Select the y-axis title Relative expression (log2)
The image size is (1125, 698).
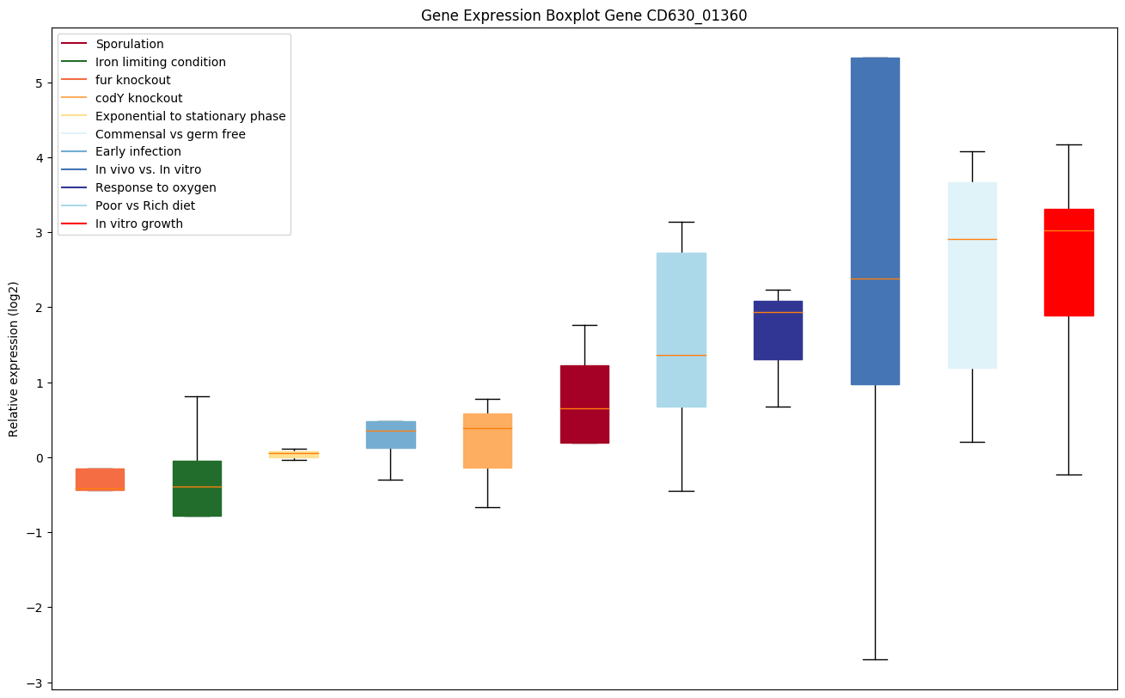tap(14, 358)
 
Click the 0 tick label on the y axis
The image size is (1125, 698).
tap(40, 457)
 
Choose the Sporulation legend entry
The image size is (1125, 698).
tap(130, 44)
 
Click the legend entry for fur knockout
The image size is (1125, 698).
tap(133, 80)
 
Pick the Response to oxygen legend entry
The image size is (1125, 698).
tap(156, 187)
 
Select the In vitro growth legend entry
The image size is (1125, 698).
tap(139, 223)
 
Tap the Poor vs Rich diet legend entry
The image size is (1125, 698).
tap(145, 205)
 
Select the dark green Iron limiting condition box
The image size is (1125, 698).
tap(197, 488)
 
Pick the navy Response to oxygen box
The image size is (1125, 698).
tap(778, 330)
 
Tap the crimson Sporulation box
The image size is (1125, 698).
tap(584, 404)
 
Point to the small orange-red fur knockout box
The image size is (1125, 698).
tap(100, 479)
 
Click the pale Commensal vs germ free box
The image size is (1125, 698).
tap(972, 275)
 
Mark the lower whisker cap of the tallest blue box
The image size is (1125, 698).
tap(875, 659)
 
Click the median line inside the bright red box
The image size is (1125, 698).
tap(1068, 231)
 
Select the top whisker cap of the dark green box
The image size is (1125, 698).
tap(197, 396)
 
